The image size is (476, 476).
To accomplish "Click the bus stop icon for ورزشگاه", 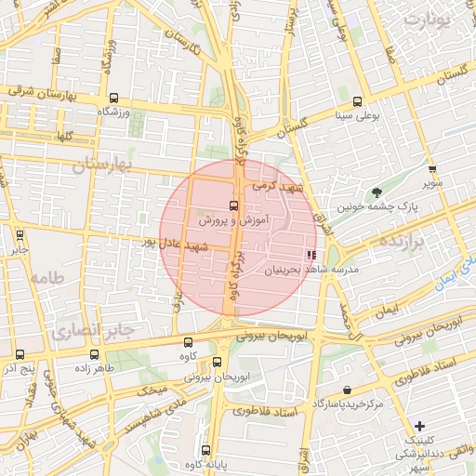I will click(113, 98).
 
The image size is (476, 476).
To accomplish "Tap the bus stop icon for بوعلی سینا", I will click(358, 102).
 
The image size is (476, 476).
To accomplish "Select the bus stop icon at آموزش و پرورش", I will click(233, 206).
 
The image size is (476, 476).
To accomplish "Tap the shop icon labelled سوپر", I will click(432, 169).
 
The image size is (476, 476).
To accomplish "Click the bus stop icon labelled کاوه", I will click(189, 342).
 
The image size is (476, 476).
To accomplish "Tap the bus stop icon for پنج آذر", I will click(20, 354).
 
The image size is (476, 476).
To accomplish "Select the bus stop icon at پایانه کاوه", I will click(205, 450).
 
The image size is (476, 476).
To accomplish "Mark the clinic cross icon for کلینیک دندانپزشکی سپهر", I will click(419, 425).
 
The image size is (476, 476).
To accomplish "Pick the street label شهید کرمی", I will click(284, 189).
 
